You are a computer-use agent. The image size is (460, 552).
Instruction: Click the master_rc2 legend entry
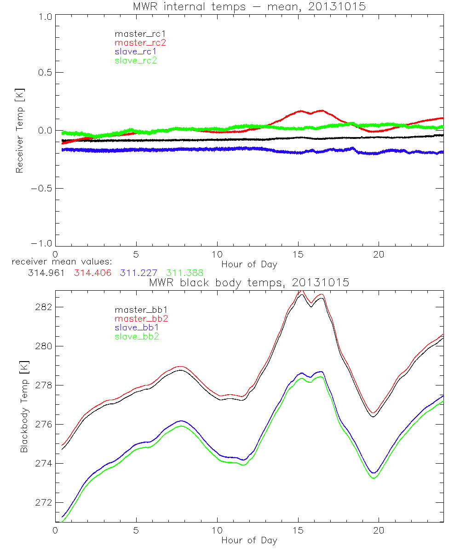(140, 42)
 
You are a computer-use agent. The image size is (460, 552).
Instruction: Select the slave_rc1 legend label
(136, 51)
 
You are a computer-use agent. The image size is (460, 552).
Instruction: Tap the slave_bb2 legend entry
(138, 337)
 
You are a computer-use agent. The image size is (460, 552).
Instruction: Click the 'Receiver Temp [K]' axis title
(19, 131)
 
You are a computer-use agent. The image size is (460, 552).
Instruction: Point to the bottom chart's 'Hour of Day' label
(249, 540)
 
